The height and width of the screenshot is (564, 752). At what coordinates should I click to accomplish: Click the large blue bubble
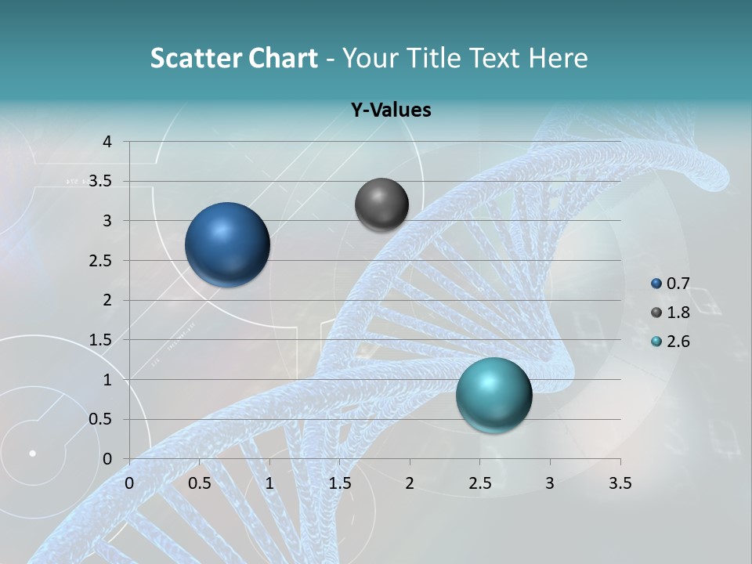point(227,244)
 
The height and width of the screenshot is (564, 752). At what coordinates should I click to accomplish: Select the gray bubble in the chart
point(381,204)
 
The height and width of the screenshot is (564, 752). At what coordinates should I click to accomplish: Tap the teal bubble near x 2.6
point(493,395)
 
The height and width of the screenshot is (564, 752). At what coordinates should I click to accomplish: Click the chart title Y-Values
point(390,110)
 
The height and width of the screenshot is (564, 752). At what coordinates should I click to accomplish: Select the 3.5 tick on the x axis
point(620,483)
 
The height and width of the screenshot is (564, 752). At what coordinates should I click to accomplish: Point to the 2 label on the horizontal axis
point(410,483)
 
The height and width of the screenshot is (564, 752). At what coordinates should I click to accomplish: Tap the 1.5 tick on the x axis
point(339,483)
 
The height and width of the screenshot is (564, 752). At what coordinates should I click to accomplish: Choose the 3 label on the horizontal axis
point(550,483)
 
